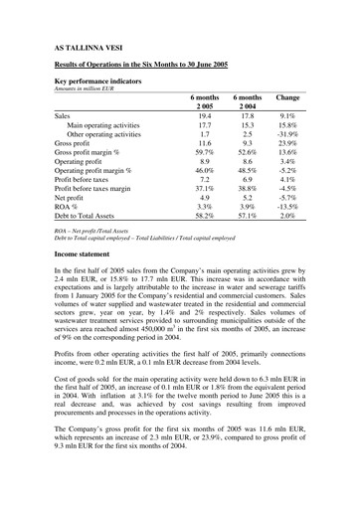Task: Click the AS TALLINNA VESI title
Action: click(89, 46)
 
